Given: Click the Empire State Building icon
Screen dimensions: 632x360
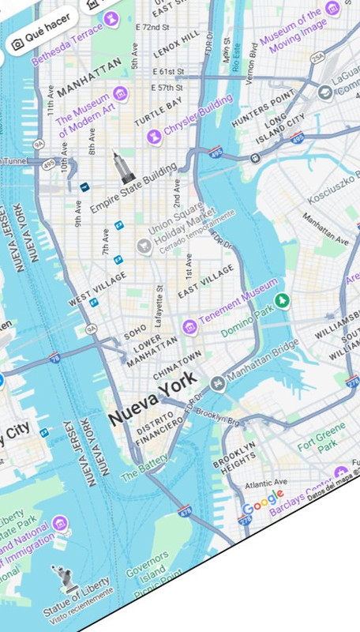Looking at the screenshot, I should pos(123,167).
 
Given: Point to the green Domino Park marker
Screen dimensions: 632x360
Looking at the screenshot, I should pos(281,301).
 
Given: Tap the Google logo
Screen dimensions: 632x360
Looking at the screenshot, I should pos(263,498).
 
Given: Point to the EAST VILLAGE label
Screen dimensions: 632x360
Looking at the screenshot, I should pos(206,281).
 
